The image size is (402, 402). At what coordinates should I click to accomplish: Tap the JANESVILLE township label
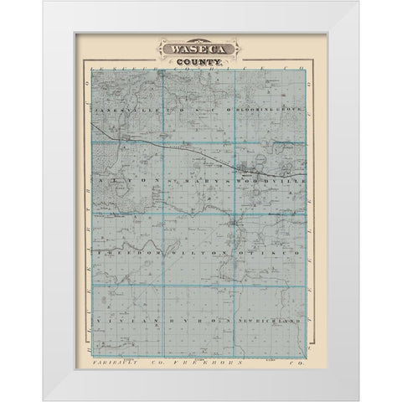121,111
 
